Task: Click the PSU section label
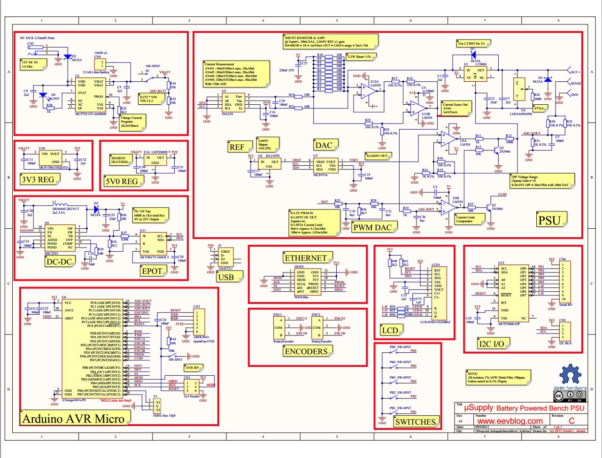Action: [549, 219]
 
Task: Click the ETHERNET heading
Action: [305, 258]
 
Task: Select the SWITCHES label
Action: [415, 422]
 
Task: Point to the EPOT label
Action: [151, 271]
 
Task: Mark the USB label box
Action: [226, 278]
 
